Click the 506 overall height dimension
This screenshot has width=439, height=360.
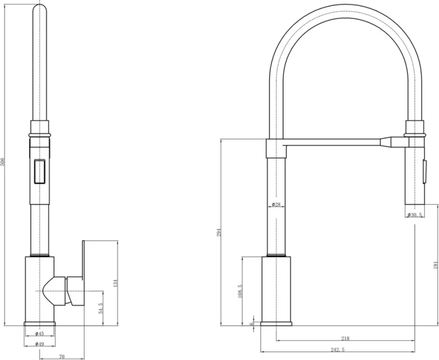click(3, 161)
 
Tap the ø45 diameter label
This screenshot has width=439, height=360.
click(39, 333)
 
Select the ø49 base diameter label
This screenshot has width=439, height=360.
click(39, 344)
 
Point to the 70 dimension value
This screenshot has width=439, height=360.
click(62, 356)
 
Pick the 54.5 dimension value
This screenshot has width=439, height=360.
click(101, 308)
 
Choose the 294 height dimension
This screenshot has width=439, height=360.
click(219, 232)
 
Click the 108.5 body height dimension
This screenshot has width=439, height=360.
click(240, 291)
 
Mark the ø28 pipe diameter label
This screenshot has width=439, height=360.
click(276, 204)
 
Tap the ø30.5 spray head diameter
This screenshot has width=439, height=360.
click(415, 215)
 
